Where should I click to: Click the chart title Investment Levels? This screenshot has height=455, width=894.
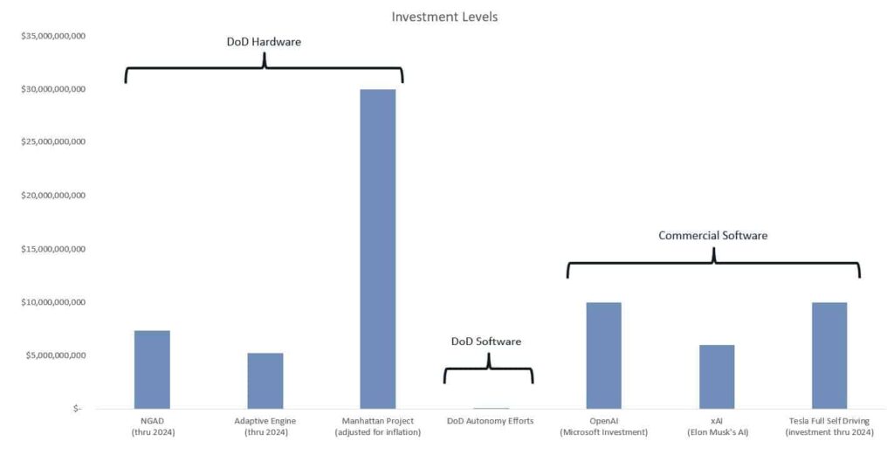(444, 17)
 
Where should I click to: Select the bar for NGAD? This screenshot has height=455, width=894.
(152, 369)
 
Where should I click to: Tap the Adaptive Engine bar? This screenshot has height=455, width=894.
(265, 381)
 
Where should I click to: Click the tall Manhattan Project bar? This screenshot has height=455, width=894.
(378, 249)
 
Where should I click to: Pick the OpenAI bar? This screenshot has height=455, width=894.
(603, 355)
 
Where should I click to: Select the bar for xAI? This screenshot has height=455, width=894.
(717, 376)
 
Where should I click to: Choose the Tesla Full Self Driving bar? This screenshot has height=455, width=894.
(829, 355)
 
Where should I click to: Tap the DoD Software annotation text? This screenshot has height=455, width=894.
(486, 341)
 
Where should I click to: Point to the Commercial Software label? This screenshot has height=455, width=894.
(712, 236)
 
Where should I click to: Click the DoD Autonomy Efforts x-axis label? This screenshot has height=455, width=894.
(491, 422)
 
